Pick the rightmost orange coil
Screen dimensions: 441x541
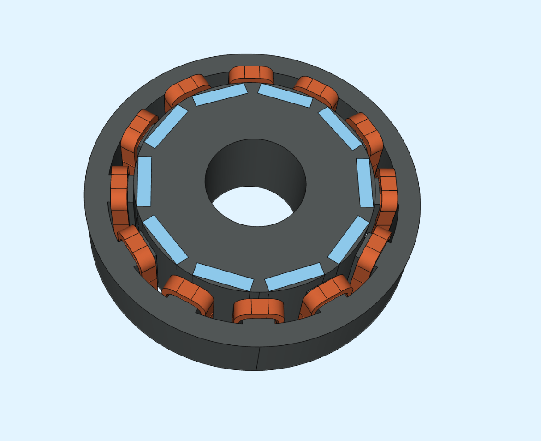click(x=388, y=194)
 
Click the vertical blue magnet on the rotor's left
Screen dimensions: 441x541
click(x=144, y=181)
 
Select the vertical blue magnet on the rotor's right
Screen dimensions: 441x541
click(x=365, y=183)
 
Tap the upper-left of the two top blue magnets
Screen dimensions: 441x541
click(x=220, y=95)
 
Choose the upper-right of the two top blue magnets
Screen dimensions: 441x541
click(x=285, y=96)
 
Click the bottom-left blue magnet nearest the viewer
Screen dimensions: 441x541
click(x=223, y=277)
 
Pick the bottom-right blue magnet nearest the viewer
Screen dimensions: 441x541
click(x=293, y=277)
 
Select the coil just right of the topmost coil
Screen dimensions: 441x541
click(x=316, y=90)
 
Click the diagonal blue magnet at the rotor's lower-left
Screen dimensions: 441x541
click(x=165, y=239)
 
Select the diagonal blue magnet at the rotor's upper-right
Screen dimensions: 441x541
click(x=340, y=128)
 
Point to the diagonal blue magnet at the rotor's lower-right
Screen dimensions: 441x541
click(x=348, y=239)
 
